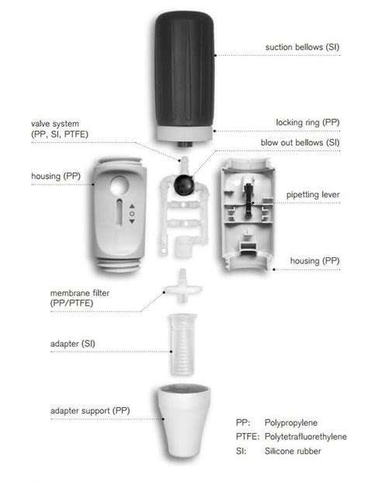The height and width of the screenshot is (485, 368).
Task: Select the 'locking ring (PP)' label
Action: (x=307, y=123)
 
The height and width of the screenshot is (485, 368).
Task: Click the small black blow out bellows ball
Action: (x=184, y=184)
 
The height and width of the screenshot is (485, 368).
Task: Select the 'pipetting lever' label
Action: (x=311, y=194)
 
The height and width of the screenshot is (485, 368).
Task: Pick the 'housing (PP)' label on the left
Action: (x=55, y=176)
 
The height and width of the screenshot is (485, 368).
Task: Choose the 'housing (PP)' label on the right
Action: (x=314, y=260)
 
